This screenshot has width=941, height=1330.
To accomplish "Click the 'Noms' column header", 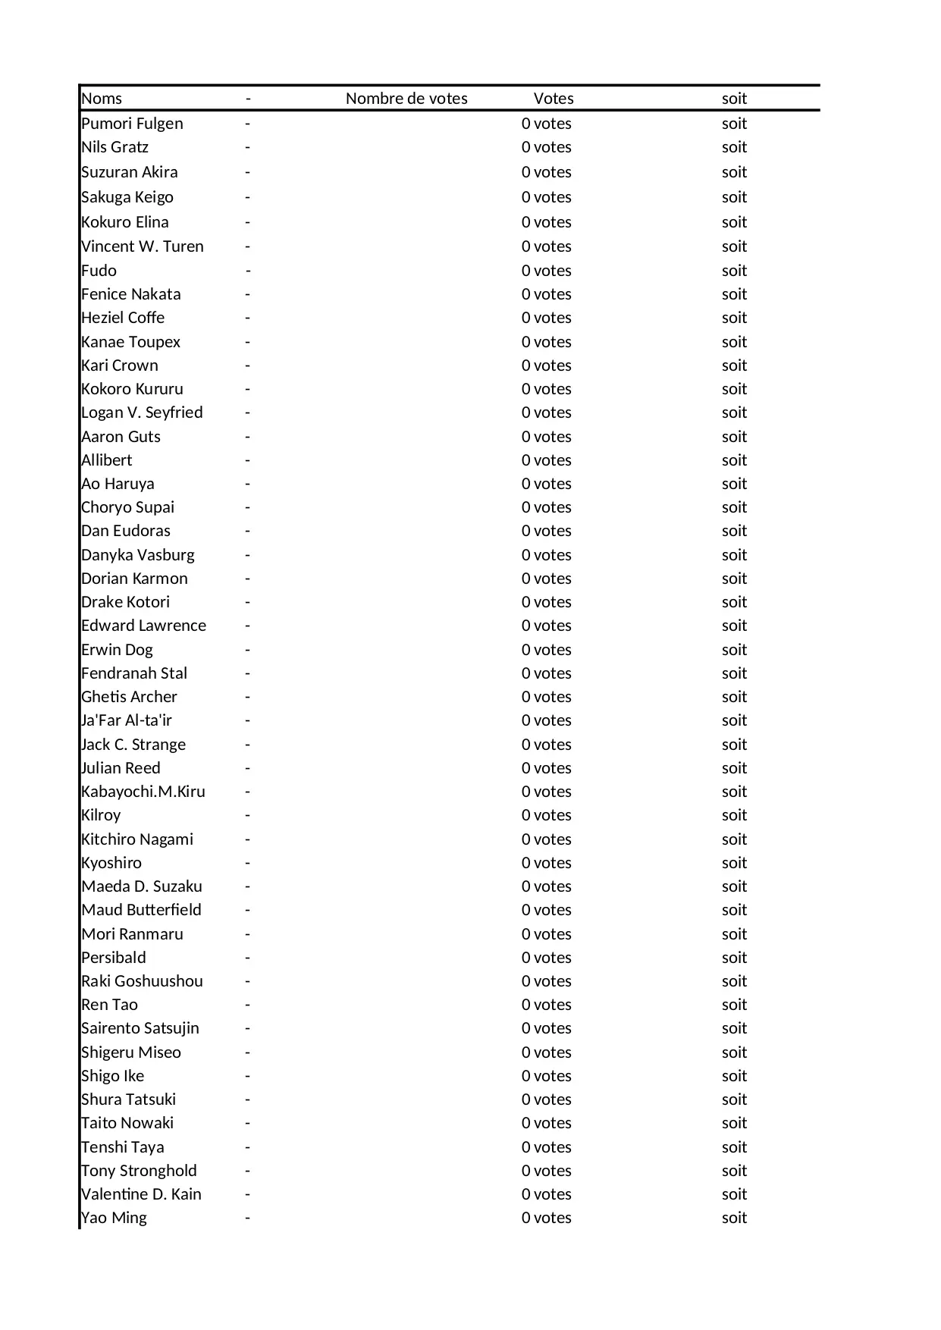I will (102, 99).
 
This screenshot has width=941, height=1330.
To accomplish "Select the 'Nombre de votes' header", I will (406, 99).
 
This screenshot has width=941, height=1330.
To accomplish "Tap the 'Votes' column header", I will (554, 99).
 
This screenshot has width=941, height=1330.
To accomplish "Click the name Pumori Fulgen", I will (132, 124).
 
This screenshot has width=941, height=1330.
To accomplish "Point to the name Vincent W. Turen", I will (143, 246).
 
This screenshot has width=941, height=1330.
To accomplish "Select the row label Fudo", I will (99, 271).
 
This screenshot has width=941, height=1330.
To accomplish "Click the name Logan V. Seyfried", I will (142, 412).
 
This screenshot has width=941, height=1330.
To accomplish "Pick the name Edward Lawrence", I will (143, 626).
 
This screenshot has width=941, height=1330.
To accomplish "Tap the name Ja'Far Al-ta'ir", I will (127, 720).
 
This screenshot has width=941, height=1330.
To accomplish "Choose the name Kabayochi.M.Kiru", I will (143, 792).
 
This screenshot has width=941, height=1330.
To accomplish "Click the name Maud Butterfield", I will (141, 910).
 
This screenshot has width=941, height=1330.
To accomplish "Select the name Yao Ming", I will (114, 1218).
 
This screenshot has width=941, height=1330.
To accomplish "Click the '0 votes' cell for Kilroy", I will (547, 815).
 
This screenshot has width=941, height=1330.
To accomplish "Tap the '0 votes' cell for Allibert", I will (547, 460).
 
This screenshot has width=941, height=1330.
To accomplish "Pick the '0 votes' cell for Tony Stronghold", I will (547, 1171).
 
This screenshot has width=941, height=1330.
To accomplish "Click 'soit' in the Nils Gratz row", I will (734, 147).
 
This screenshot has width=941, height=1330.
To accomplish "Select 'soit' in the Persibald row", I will (734, 958).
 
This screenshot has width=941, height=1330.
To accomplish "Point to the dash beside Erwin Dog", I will (247, 650).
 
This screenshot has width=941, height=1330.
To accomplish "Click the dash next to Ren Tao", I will (247, 1005).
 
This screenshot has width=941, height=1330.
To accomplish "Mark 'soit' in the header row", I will (734, 99).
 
